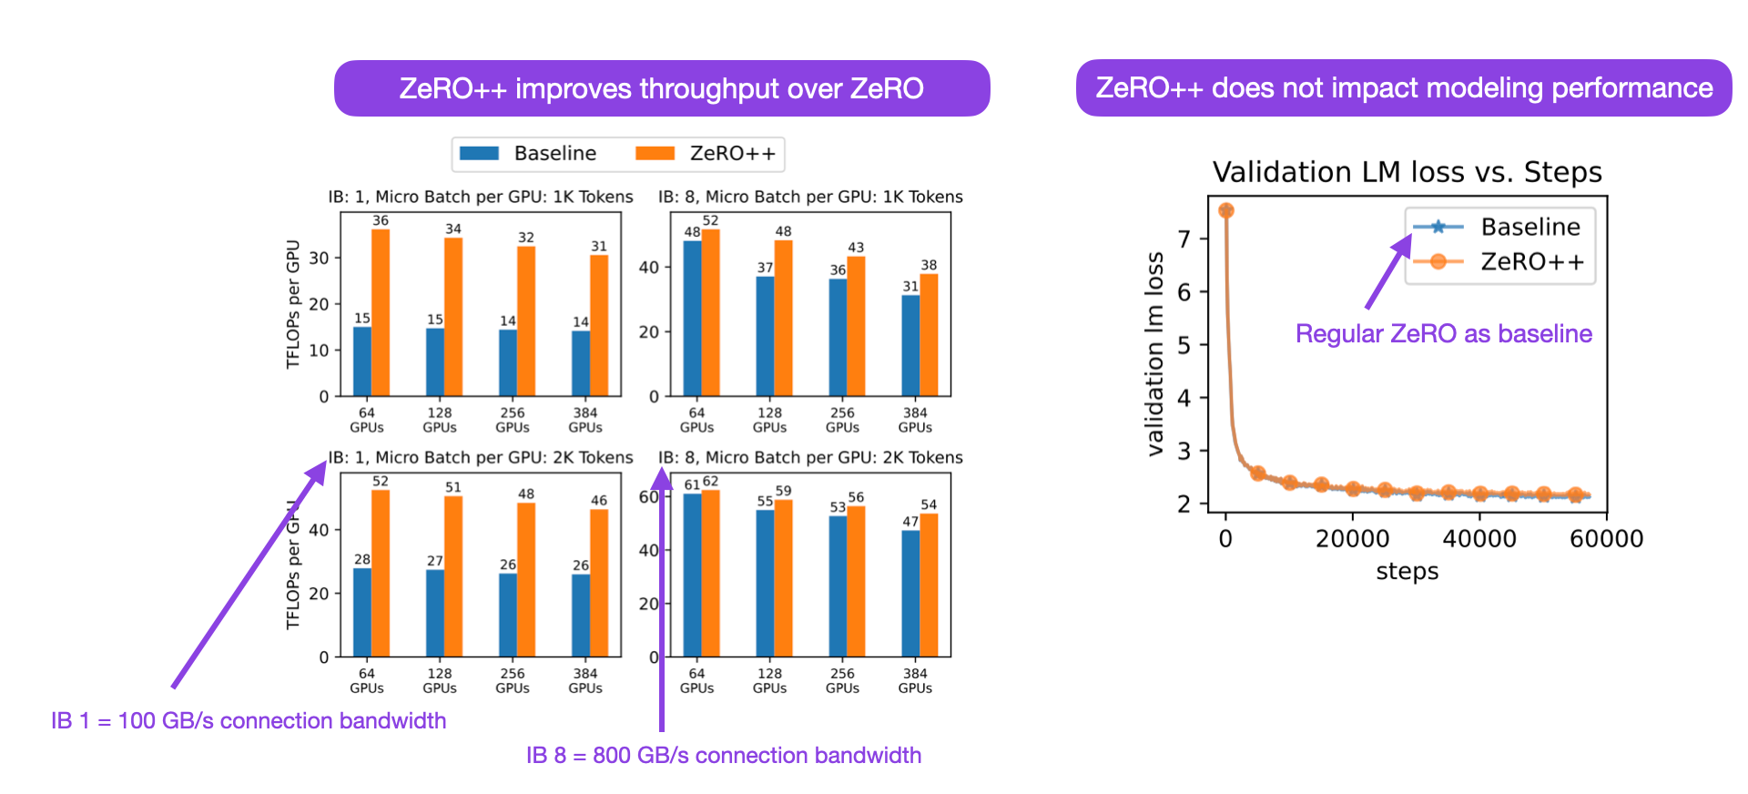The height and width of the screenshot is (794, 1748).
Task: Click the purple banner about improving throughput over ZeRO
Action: click(662, 88)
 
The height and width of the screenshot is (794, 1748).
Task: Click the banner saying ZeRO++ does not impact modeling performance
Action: click(1403, 87)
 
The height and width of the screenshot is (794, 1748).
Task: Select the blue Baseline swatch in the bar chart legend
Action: click(479, 153)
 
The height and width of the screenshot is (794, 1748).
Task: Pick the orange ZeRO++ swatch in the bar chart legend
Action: click(655, 153)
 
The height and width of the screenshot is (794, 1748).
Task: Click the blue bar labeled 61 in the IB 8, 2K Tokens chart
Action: click(692, 575)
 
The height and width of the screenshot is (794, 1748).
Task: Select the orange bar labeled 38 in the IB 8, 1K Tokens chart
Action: click(929, 334)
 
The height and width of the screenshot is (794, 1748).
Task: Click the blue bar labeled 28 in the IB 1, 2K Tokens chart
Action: click(362, 612)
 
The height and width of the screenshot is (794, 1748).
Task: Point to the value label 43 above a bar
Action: click(856, 247)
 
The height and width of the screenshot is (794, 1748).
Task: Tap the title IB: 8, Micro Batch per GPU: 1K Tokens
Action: click(810, 197)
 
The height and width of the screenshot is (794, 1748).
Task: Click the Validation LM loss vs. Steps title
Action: click(1407, 172)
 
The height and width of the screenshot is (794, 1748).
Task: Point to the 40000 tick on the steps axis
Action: click(1479, 538)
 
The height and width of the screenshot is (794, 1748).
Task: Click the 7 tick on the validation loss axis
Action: click(1184, 239)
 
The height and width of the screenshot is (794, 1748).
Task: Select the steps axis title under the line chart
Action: click(1407, 571)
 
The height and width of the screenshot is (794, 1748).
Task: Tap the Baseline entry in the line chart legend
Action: click(1529, 227)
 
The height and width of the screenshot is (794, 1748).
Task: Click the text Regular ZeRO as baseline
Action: click(1443, 333)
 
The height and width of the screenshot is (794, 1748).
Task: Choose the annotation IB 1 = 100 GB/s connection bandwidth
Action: click(249, 720)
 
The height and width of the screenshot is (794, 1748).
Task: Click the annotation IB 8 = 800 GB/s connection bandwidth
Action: click(724, 755)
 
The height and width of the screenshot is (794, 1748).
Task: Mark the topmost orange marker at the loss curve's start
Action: click(1226, 210)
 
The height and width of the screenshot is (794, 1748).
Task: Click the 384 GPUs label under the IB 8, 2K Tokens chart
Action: click(915, 680)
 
